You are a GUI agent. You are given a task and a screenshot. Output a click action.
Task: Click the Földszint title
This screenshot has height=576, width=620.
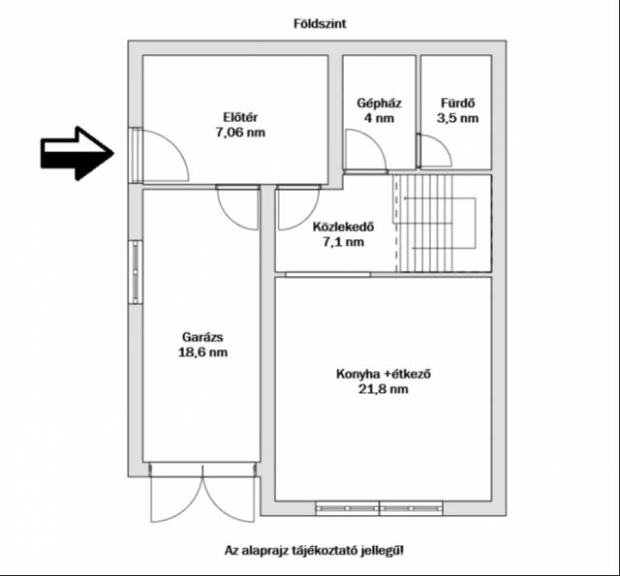pos(320,23)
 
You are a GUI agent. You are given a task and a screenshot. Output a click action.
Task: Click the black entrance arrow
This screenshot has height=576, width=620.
pos(77,153)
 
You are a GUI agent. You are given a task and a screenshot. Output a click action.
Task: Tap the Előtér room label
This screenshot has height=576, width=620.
pos(240,117)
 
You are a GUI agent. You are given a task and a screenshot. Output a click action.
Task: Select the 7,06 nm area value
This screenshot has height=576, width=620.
pos(240,133)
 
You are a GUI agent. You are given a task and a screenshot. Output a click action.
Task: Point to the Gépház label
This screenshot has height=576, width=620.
pos(379,104)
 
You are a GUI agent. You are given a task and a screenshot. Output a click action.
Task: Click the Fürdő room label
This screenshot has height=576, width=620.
pos(457,104)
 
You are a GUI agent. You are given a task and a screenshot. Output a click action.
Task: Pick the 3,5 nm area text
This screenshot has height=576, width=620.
pos(457,118)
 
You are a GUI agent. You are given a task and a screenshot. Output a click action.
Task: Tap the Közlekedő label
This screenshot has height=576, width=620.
pos(343,227)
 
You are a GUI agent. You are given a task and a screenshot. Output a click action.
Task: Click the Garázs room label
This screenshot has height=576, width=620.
pos(202,337)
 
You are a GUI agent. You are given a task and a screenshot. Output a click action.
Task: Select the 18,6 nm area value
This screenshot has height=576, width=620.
pos(202,352)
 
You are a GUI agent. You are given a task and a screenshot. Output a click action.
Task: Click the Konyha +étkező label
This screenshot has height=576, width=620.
pos(384,374)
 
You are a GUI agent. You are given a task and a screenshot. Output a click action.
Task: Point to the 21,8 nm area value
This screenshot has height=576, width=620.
pos(384,389)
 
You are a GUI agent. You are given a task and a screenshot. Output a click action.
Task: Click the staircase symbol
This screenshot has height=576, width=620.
pos(443,224)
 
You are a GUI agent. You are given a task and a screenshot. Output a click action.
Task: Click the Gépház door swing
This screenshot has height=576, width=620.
pos(365,151)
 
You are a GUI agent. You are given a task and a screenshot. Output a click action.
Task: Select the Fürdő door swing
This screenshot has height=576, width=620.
pos(434,150)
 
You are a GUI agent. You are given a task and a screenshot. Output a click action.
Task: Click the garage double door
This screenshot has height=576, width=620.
pos(202,493)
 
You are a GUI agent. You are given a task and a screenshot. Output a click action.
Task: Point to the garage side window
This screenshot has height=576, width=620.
pos(136,272)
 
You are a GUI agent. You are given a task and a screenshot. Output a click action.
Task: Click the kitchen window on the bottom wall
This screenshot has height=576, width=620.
pos(379,508)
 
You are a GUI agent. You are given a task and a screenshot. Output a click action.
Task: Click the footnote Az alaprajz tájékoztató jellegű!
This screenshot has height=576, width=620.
pos(314,550)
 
